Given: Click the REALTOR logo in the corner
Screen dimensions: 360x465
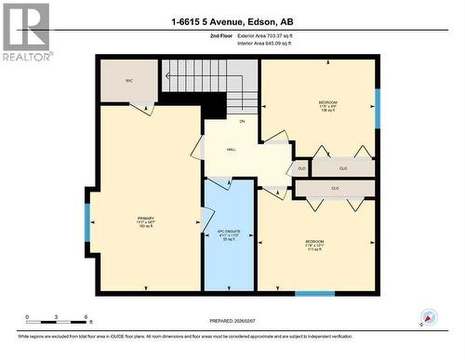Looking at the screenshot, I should pyautogui.click(x=26, y=32).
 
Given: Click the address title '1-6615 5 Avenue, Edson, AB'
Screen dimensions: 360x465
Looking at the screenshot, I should pyautogui.click(x=232, y=20).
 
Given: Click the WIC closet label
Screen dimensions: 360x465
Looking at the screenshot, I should pyautogui.click(x=129, y=82).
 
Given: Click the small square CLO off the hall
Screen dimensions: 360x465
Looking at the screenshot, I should pyautogui.click(x=299, y=168).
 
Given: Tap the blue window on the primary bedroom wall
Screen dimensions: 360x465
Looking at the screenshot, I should pyautogui.click(x=87, y=222).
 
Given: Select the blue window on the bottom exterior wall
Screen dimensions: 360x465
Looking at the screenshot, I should pyautogui.click(x=314, y=294).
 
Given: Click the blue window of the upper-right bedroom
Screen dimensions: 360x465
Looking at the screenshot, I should pyautogui.click(x=377, y=108).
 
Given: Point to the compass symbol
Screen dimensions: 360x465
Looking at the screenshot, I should pyautogui.click(x=428, y=318).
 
